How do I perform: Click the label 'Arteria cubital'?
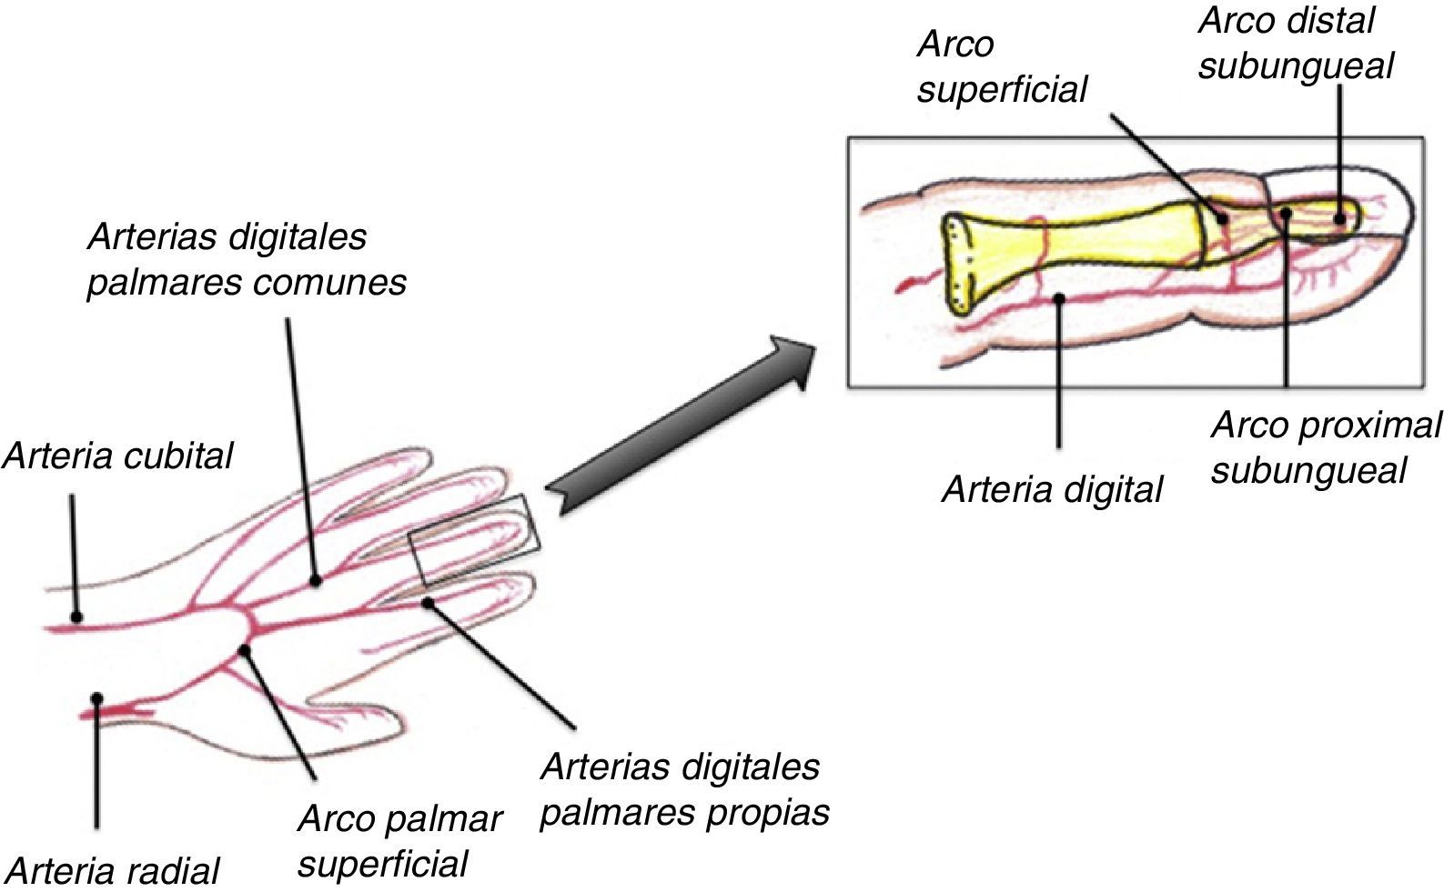click(118, 456)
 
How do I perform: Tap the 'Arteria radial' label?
click(113, 871)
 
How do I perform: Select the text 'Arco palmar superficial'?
click(399, 841)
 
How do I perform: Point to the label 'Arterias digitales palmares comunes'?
click(246, 259)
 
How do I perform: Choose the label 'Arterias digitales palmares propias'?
click(684, 789)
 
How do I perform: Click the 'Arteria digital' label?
click(1052, 490)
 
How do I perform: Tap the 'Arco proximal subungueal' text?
click(1325, 447)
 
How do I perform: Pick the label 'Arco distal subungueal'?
click(1294, 44)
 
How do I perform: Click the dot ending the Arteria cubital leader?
click(77, 617)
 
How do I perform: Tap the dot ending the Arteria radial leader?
click(96, 698)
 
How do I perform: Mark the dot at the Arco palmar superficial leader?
click(244, 650)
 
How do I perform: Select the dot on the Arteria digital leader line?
click(1058, 297)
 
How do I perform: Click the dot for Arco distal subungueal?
click(1340, 219)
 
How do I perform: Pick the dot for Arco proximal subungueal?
click(1286, 214)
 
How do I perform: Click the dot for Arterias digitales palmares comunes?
click(315, 579)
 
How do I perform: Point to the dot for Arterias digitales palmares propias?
click(428, 602)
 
